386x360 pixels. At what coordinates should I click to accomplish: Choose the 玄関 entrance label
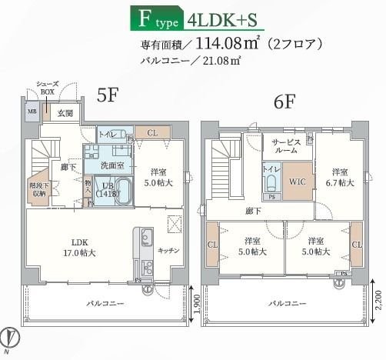tap(64, 113)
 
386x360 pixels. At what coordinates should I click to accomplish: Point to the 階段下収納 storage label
tap(37, 190)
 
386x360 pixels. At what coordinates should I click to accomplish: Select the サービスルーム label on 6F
tap(286, 146)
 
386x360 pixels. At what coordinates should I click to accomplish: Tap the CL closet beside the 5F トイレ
tap(152, 133)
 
